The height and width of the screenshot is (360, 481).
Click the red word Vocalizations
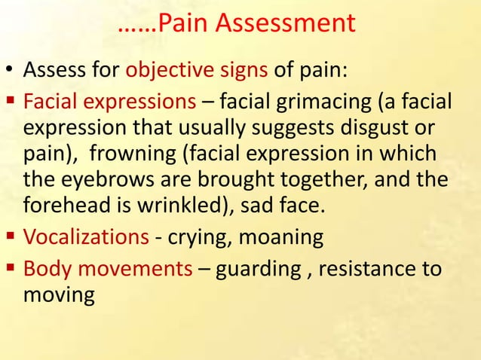pyautogui.click(x=86, y=238)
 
